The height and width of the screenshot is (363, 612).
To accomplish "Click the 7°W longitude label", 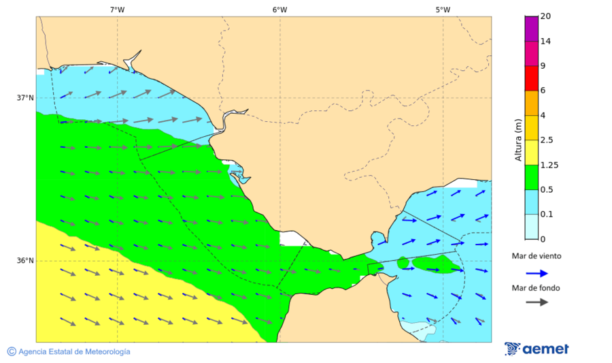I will (x=117, y=10).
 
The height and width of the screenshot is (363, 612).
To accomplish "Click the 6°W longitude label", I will (x=279, y=10).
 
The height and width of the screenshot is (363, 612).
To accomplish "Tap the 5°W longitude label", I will (x=443, y=10).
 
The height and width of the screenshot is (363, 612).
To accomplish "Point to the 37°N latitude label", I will (x=25, y=97).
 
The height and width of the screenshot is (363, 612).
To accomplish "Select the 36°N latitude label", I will (x=25, y=261).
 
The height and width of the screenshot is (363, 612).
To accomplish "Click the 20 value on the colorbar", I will (x=545, y=16).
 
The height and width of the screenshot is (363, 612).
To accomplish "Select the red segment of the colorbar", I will (x=531, y=78).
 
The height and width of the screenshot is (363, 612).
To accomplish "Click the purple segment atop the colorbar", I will (x=531, y=29).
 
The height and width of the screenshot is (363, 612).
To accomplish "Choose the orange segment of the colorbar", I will (x=531, y=103).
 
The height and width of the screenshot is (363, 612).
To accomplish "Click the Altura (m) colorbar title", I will (x=519, y=139).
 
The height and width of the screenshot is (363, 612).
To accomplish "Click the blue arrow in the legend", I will (x=537, y=273).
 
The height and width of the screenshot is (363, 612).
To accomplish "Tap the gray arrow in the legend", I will (x=537, y=302).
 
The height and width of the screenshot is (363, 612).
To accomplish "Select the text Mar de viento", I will (x=537, y=256).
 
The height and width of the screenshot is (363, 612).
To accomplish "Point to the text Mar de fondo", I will (x=537, y=287).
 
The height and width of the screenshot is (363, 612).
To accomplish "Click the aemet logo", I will (x=537, y=349).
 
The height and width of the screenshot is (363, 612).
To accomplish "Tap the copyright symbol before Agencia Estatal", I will (x=12, y=351).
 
